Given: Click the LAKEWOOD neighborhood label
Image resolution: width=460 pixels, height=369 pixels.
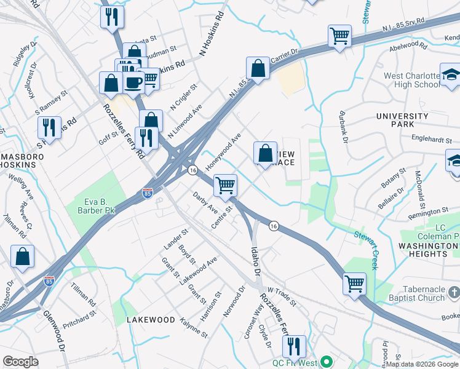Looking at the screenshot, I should [151, 320].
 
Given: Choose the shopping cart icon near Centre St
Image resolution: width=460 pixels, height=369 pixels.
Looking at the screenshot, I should [226, 184].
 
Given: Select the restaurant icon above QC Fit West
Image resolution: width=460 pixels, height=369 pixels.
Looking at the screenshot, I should [296, 346].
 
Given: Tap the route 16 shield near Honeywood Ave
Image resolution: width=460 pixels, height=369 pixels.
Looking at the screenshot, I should [192, 170].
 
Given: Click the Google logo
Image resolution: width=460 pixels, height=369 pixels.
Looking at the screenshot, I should [21, 362].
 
